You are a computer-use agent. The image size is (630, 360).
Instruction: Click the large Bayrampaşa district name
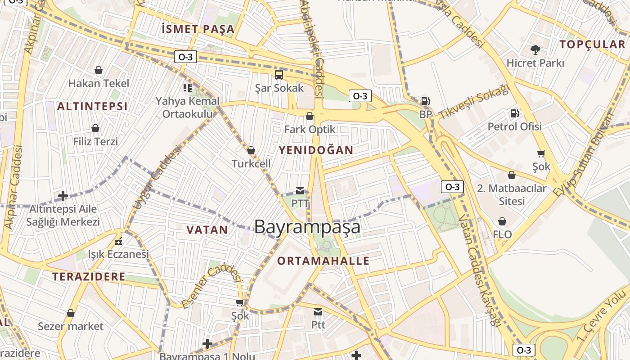click(307, 227)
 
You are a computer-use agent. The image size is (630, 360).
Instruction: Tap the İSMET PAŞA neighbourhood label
click(198, 29)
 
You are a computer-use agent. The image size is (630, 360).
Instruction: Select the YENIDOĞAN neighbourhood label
click(316, 150)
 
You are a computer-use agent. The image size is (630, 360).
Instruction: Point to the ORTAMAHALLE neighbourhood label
click(323, 261)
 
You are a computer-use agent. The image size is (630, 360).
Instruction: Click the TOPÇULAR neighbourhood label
click(593, 44)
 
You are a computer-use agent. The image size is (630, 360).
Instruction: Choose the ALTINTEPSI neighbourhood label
click(92, 106)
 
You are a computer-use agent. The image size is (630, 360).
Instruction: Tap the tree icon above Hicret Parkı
click(535, 49)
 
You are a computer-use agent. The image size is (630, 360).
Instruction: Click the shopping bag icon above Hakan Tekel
click(99, 70)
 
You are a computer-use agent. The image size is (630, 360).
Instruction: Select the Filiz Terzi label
click(95, 142)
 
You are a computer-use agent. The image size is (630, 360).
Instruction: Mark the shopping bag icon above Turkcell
click(251, 150)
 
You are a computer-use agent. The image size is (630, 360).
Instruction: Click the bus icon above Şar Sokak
click(279, 74)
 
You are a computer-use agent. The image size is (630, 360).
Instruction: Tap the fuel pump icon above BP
click(425, 102)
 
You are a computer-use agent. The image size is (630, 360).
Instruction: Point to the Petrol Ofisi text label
click(515, 126)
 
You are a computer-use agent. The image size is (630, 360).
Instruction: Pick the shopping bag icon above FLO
click(502, 221)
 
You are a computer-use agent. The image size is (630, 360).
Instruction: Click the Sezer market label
click(71, 326)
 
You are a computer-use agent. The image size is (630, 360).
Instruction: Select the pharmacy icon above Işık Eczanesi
click(118, 241)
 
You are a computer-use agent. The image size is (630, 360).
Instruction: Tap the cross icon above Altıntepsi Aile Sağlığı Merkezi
click(63, 196)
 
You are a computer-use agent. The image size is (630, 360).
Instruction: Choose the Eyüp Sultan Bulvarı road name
click(584, 154)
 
